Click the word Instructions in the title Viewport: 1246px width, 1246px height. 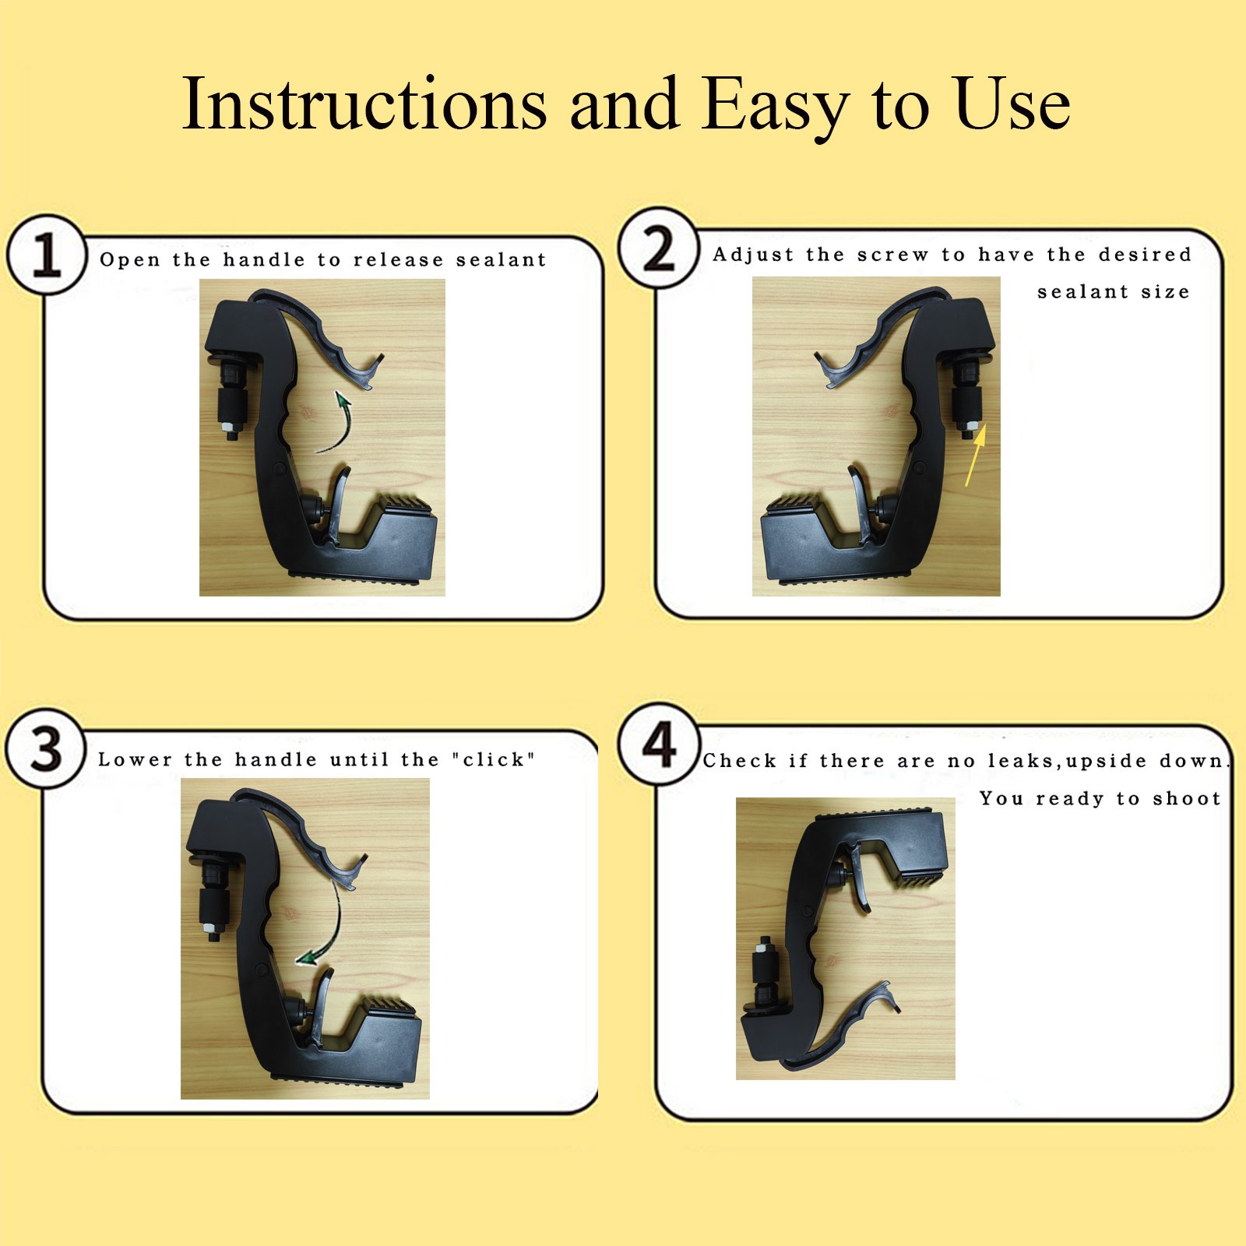[364, 103]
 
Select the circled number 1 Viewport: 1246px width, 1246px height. [47, 255]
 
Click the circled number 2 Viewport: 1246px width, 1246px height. [659, 248]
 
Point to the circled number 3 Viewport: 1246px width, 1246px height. [46, 749]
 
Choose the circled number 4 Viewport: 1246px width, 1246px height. [659, 743]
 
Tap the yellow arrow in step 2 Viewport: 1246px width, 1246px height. [977, 455]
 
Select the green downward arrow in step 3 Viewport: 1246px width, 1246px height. [331, 927]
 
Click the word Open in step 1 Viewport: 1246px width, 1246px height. [129, 260]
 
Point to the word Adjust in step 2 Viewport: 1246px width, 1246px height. [751, 255]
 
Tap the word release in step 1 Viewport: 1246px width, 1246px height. [398, 259]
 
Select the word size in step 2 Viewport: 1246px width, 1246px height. [1165, 292]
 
